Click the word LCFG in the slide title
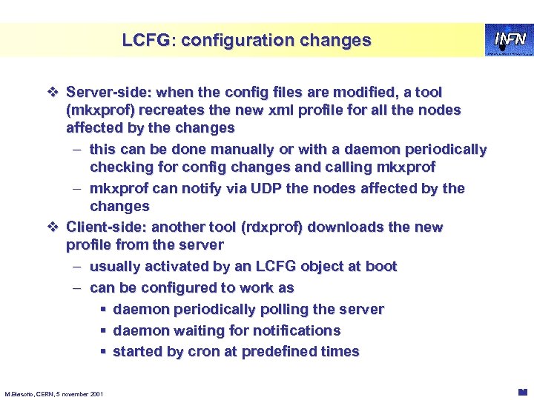146,40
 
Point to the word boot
381,266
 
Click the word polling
278,309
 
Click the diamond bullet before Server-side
52,93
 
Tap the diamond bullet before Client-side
52,227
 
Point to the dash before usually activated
77,266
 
